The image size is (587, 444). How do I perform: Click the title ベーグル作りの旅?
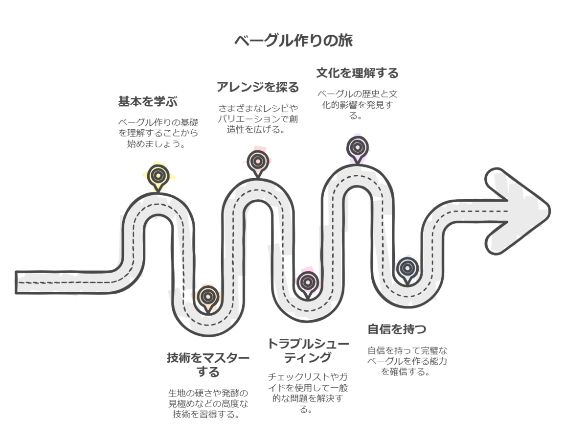pyautogui.click(x=293, y=41)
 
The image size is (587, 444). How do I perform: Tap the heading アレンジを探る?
pyautogui.click(x=257, y=88)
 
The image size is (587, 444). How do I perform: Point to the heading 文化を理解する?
pyautogui.click(x=357, y=73)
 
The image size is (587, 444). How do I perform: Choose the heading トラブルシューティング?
pyautogui.click(x=308, y=351)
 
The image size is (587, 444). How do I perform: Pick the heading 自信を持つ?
pyautogui.click(x=397, y=328)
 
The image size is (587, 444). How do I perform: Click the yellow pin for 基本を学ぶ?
pyautogui.click(x=158, y=175)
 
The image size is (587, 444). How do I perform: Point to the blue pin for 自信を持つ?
pyautogui.click(x=406, y=267)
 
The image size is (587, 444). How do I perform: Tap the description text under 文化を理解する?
pyautogui.click(x=357, y=104)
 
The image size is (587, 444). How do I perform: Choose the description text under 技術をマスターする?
pyautogui.click(x=208, y=404)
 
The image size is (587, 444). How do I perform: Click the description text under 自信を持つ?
pyautogui.click(x=407, y=361)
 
